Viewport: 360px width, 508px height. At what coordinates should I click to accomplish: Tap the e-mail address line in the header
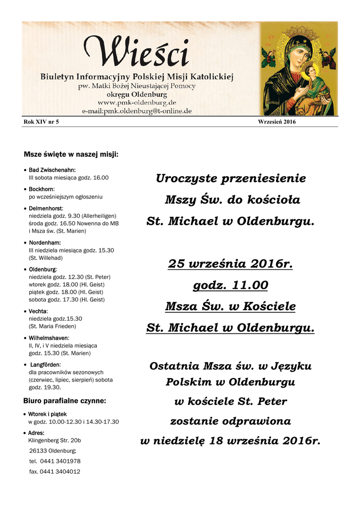[137, 112]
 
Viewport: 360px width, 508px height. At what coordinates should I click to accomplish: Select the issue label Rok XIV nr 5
[41, 122]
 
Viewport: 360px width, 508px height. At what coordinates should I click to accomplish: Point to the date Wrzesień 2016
[277, 122]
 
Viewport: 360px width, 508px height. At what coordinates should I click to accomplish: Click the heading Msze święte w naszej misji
[71, 154]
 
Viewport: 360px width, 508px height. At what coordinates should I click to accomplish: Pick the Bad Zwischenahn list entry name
[52, 170]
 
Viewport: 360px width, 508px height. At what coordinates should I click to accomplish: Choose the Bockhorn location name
[41, 190]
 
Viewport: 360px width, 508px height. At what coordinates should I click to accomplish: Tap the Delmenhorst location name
[46, 208]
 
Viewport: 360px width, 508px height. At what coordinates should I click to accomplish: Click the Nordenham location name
[45, 243]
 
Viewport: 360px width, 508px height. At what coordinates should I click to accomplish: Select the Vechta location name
[38, 311]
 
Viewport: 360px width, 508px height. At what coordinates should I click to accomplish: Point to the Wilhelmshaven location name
[49, 338]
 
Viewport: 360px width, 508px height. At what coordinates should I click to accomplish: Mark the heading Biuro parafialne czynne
[65, 400]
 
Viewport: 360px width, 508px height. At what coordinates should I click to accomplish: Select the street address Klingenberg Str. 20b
[55, 440]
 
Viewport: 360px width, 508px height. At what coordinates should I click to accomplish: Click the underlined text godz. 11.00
[230, 285]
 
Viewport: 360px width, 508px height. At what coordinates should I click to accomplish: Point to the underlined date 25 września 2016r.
[230, 264]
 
